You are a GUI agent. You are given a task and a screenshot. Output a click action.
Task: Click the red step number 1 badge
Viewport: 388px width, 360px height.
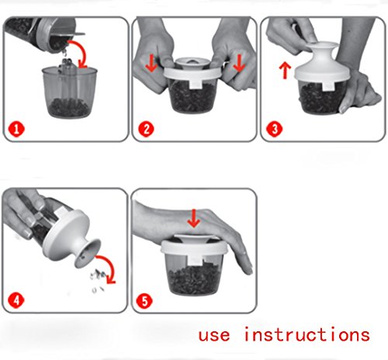(16, 129)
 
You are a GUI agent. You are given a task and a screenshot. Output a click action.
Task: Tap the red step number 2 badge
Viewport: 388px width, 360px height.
(146, 129)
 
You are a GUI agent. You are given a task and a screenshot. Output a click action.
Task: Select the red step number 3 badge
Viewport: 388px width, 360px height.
(274, 129)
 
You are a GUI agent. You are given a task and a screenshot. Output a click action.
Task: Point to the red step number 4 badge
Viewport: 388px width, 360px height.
(16, 300)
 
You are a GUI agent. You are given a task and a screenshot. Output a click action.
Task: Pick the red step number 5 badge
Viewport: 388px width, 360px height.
(144, 301)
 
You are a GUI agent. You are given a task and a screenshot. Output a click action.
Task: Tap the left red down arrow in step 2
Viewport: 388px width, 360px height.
(151, 64)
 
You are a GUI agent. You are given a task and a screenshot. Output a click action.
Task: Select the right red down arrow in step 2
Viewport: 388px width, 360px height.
(239, 64)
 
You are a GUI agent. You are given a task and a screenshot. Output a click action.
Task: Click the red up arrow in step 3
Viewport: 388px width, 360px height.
(285, 70)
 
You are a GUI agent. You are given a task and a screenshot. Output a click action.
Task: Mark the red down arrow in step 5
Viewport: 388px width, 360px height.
(194, 219)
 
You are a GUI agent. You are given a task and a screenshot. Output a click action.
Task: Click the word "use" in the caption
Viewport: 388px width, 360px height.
(214, 335)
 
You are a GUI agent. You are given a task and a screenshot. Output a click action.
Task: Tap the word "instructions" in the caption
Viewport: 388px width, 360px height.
(307, 334)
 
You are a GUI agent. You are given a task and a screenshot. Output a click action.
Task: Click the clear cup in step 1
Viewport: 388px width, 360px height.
(69, 92)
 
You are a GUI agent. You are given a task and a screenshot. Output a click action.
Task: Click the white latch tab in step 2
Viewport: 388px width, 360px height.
(196, 84)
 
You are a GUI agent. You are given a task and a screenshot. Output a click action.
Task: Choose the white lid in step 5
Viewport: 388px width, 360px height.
(194, 246)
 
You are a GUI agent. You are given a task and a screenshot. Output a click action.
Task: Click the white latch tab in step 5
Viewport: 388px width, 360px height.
(195, 260)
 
